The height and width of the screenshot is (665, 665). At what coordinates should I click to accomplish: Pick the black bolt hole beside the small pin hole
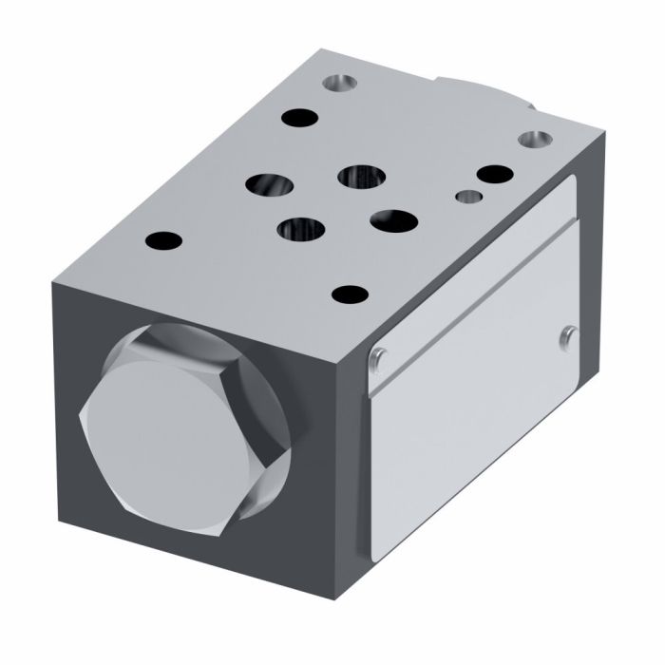pos(494,175)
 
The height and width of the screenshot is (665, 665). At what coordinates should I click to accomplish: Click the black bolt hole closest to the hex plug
pos(164,238)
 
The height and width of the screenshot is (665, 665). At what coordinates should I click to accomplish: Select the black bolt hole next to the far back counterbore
pos(301,119)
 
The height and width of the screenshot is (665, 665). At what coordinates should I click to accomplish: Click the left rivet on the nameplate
pos(378,356)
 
